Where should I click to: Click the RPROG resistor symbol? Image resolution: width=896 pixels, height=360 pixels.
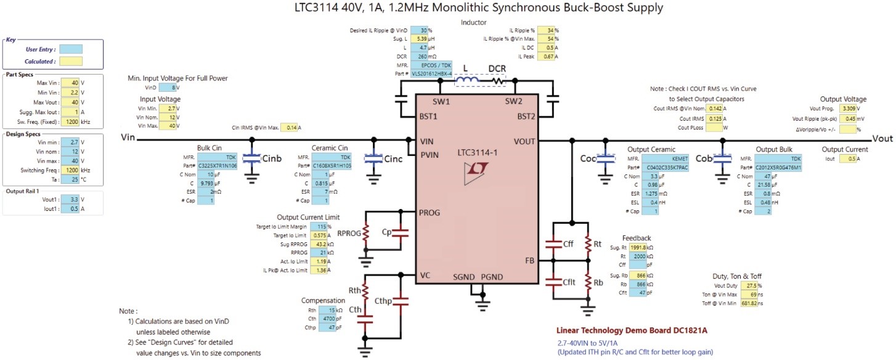coord(366,232)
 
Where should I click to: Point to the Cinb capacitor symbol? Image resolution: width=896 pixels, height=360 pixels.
coord(251,158)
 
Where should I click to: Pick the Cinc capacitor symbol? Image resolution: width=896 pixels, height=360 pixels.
coord(373,158)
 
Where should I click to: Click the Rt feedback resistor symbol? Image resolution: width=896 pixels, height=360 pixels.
coord(588,243)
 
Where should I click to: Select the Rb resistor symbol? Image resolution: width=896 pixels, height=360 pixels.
coord(588,282)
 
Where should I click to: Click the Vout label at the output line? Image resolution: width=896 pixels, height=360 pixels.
coord(882,139)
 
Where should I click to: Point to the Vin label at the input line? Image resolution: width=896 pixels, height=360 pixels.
coord(128,137)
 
